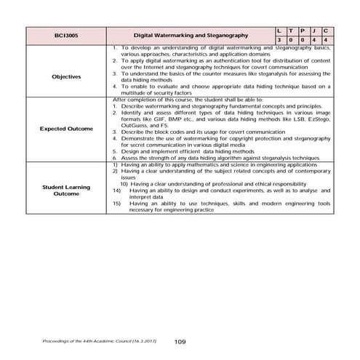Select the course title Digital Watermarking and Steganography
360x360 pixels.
[x=192, y=34]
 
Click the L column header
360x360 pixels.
[x=281, y=29]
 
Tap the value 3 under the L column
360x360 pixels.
[x=281, y=39]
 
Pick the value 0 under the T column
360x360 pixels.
[x=294, y=39]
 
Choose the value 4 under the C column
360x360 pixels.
[x=332, y=39]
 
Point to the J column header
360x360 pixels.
[x=319, y=29]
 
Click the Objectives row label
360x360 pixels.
[x=66, y=75]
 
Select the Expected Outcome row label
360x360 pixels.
[x=66, y=129]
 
